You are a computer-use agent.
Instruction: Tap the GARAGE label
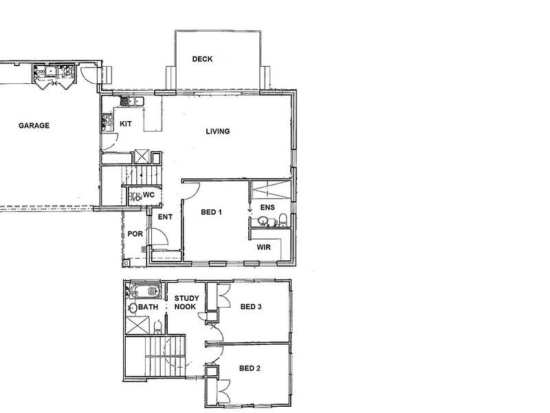point(34,126)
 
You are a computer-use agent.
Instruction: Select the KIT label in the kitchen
point(126,124)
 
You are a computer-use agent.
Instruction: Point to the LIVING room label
point(217,131)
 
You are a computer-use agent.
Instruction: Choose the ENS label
point(266,207)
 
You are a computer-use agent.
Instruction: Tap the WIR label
point(264,246)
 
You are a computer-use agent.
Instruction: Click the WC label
point(148,195)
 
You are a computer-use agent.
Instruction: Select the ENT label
point(164,218)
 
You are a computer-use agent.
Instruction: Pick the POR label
point(134,234)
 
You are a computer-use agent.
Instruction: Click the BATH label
point(148,307)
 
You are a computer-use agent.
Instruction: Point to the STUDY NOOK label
point(186,302)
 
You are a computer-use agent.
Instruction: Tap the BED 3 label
point(250,307)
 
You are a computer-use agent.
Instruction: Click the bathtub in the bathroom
point(144,290)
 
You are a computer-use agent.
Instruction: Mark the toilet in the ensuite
point(283,220)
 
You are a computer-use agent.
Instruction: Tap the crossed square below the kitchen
point(144,156)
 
